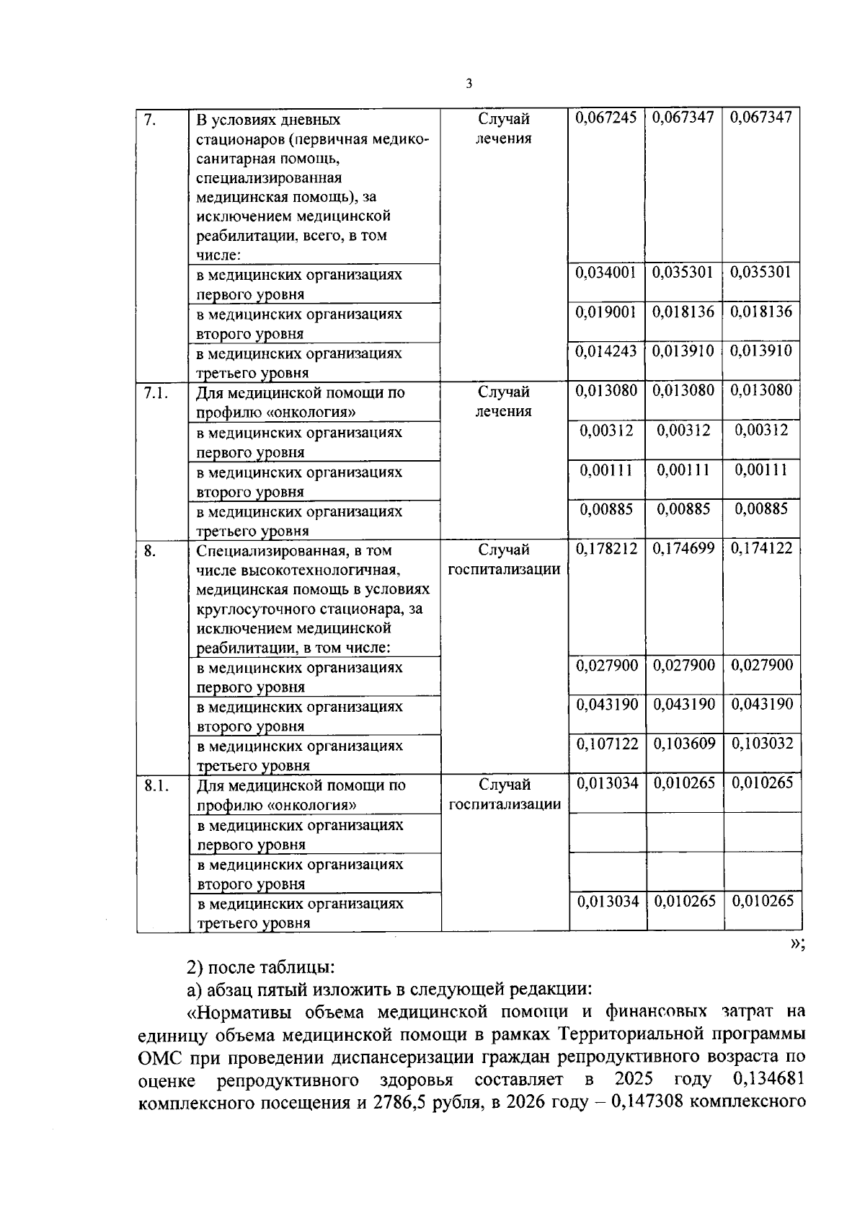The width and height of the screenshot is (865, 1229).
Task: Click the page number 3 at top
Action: [469, 84]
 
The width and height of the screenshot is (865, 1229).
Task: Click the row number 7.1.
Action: [156, 392]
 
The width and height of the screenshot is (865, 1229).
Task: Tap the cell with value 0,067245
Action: [606, 118]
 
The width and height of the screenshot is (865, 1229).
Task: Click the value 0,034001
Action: [606, 273]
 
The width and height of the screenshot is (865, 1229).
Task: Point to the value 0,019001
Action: [606, 312]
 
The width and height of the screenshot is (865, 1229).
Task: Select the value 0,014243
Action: [606, 351]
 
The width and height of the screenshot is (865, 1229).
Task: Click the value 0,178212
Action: [606, 549]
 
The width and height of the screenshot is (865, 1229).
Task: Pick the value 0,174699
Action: [684, 549]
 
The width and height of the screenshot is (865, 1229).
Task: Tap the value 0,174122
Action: [762, 549]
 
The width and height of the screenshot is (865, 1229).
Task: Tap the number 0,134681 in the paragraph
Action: [767, 1080]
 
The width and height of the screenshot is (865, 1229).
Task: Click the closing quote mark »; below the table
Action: [797, 945]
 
